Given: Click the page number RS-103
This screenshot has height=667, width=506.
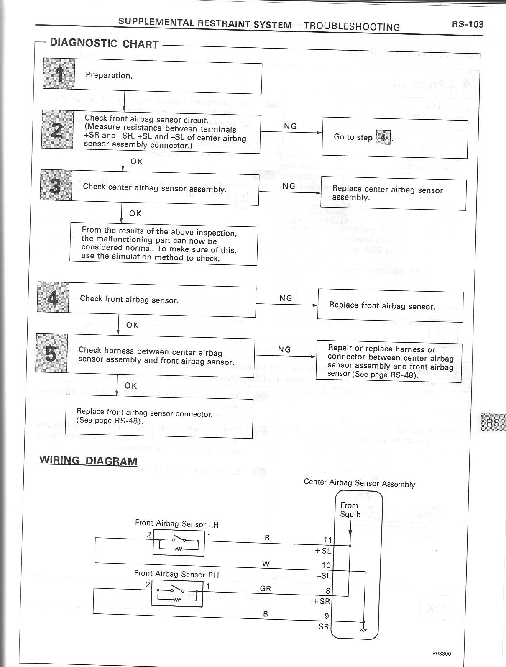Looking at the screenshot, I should pyautogui.click(x=467, y=24).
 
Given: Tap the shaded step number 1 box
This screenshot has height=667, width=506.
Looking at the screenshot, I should pyautogui.click(x=59, y=74).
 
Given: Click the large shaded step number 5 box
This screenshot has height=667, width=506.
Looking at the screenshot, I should pyautogui.click(x=51, y=353).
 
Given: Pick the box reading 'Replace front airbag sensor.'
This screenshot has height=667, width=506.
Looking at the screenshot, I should pyautogui.click(x=390, y=306).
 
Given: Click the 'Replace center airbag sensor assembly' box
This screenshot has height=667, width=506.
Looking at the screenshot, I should pyautogui.click(x=393, y=194).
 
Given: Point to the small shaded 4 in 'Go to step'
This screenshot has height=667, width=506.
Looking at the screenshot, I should pyautogui.click(x=383, y=137).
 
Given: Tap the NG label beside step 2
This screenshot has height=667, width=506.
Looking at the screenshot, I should pyautogui.click(x=290, y=126).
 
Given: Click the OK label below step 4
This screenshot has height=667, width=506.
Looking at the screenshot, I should pyautogui.click(x=132, y=325).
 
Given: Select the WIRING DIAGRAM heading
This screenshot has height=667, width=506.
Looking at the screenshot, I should pyautogui.click(x=88, y=461).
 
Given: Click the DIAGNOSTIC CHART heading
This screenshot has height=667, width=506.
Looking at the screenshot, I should pyautogui.click(x=104, y=44).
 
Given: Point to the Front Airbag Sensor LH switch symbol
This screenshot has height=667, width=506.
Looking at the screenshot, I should pyautogui.click(x=179, y=542).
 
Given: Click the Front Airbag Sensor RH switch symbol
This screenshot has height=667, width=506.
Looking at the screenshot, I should pyautogui.click(x=177, y=593).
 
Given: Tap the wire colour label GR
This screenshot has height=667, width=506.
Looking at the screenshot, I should pyautogui.click(x=266, y=589).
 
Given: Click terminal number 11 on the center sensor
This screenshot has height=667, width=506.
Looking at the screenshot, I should pyautogui.click(x=327, y=540).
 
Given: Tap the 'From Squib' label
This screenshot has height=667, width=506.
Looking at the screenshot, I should pyautogui.click(x=350, y=510).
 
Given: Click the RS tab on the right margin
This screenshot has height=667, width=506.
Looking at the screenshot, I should pyautogui.click(x=493, y=423).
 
